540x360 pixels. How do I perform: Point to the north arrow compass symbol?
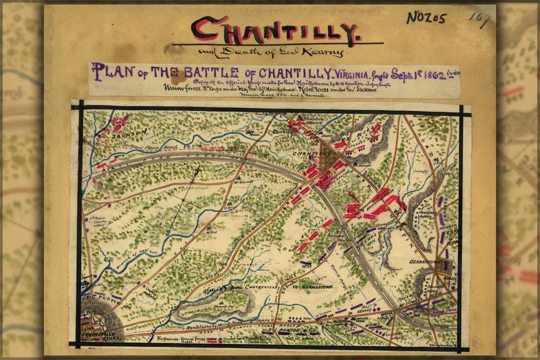coord(185,201)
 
